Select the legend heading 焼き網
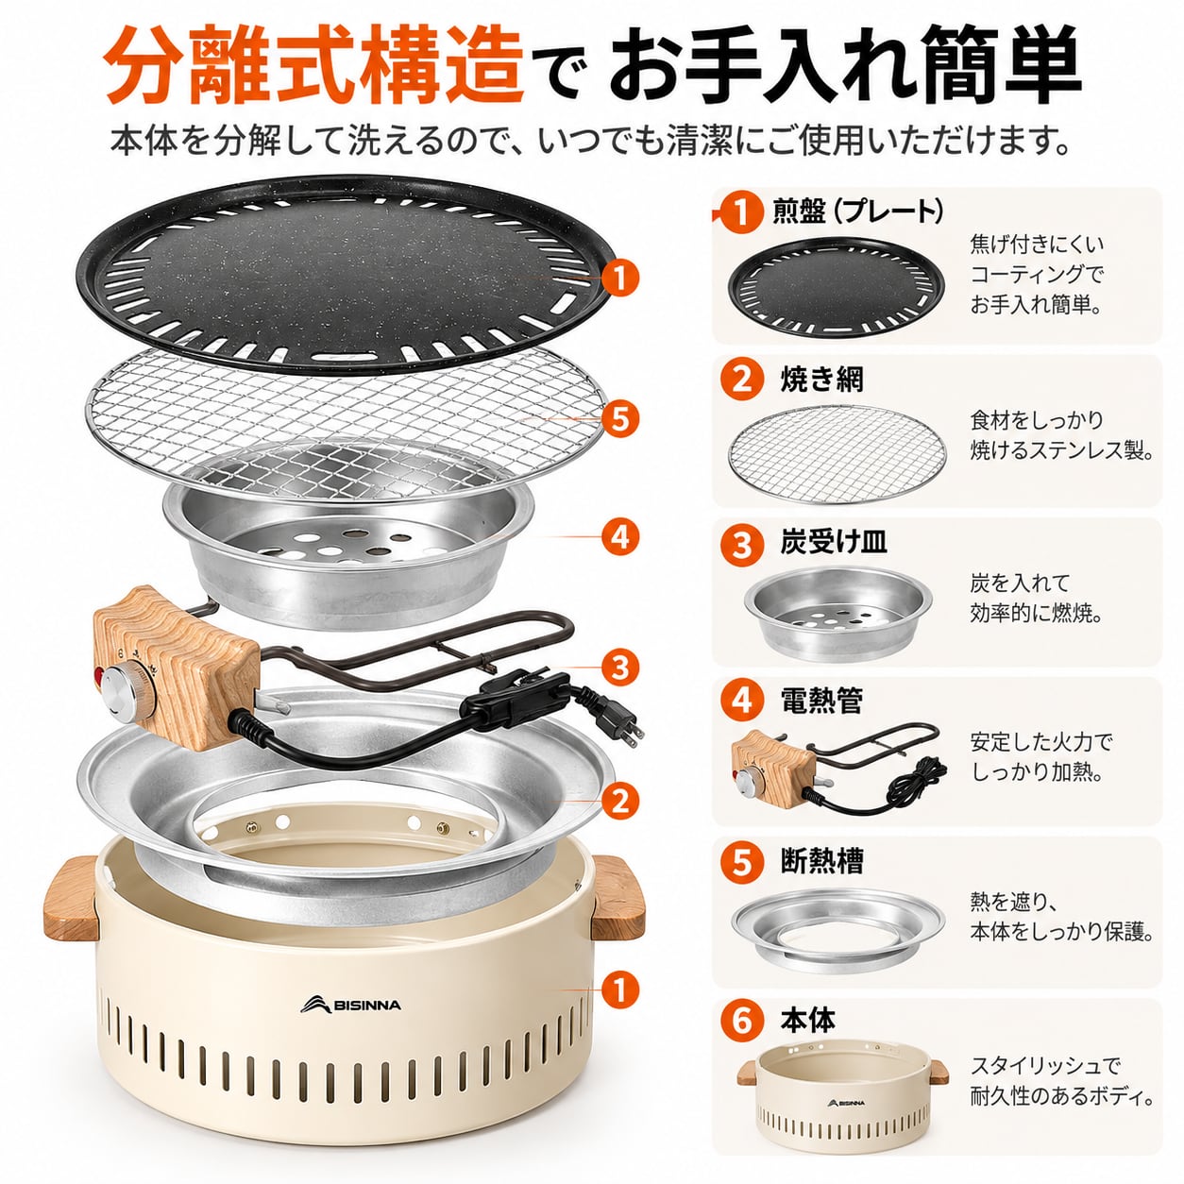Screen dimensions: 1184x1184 point(822,380)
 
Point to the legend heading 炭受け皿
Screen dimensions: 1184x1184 point(834,542)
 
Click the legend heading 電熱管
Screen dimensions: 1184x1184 point(822,702)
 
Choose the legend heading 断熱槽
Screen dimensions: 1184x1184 point(822,861)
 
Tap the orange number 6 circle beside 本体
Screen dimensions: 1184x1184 point(742,1022)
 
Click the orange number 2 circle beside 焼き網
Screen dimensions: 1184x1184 point(742,380)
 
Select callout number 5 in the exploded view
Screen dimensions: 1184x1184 point(620,419)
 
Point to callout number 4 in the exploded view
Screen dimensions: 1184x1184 point(620,536)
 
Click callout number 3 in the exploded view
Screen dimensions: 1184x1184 point(620,667)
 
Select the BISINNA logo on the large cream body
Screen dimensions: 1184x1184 point(350,1005)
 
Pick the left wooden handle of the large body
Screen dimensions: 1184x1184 point(70,898)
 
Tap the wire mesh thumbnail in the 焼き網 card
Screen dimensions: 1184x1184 point(837,453)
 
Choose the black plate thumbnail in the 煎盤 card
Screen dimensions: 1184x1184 point(837,287)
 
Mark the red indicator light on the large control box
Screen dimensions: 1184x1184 point(97,678)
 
